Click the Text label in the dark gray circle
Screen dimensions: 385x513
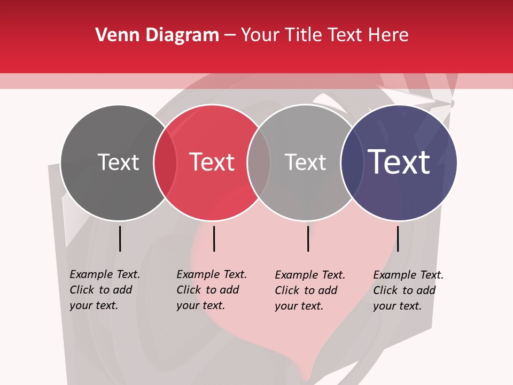118,162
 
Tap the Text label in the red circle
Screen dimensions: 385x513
212,162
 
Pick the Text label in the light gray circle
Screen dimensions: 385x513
305,162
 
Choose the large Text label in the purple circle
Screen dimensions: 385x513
399,162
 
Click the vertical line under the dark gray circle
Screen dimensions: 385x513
120,238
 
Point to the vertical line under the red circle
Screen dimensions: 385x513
214,238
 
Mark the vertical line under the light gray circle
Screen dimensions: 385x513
308,238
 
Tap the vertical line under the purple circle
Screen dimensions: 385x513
398,238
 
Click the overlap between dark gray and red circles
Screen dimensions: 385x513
165,163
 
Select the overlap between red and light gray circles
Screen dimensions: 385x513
259,163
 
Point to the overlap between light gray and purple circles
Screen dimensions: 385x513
352,163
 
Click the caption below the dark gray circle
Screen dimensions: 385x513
105,290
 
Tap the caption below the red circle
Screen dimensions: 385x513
212,290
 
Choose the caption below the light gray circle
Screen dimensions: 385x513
310,290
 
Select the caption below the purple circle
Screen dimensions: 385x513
408,290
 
